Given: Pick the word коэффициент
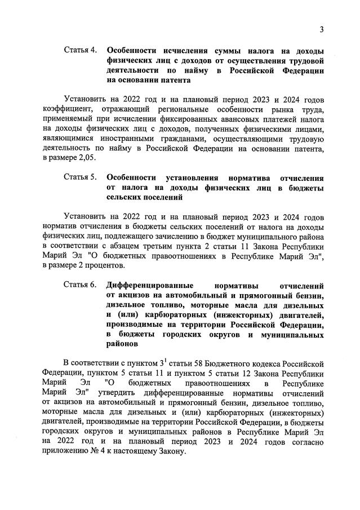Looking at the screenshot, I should point(66,108).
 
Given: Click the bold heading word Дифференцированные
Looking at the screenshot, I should point(150,285).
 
